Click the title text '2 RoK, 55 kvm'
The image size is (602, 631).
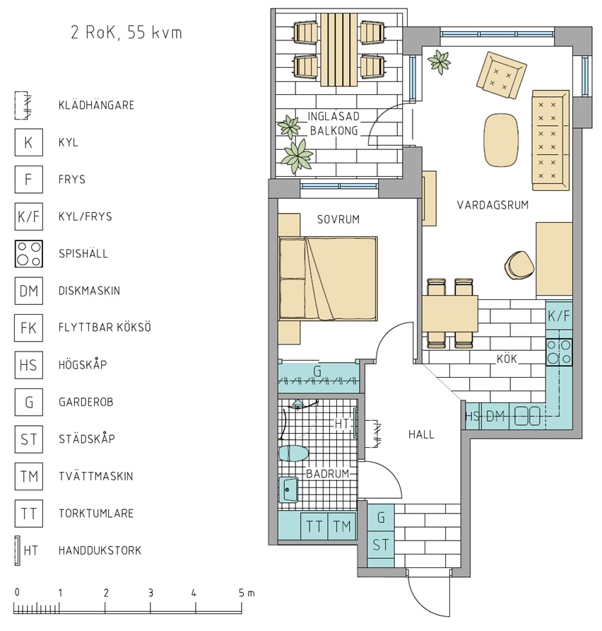point(126,33)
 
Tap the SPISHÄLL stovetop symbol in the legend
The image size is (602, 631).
point(29,254)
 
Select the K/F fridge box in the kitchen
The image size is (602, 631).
point(559,316)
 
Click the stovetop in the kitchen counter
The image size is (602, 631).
point(559,352)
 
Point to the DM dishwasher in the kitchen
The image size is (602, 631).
point(495,416)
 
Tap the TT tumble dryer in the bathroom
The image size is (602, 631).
point(314,526)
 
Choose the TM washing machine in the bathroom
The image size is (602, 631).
point(342,526)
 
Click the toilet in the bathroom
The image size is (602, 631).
point(293,453)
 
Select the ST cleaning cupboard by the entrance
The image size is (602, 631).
point(381,545)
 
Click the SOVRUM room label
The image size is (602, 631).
point(338,220)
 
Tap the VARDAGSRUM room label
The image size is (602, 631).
point(492,205)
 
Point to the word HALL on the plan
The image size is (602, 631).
point(421,434)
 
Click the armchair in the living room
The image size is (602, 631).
point(501,75)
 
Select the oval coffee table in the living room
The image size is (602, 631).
point(501,140)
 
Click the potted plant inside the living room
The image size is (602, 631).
point(439,62)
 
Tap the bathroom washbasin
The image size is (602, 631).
point(288,490)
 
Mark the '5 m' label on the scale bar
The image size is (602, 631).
point(247,593)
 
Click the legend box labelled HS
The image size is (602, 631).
point(29,365)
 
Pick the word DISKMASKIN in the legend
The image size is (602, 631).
point(89,291)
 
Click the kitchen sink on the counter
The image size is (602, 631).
point(528,416)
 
